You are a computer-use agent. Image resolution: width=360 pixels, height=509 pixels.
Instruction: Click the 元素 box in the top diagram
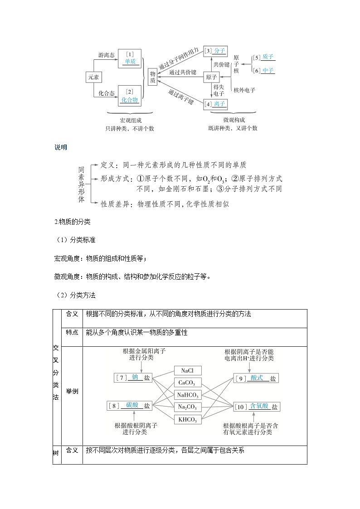[93, 78]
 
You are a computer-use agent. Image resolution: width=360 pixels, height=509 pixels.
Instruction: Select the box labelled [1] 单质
[130, 58]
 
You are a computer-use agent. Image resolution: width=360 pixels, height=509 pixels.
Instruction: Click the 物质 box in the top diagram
[153, 77]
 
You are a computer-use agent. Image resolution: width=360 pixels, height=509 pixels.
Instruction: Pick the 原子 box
[211, 77]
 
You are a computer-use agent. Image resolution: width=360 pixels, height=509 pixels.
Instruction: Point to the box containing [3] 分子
[215, 51]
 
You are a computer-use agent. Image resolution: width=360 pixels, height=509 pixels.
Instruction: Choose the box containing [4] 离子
[215, 104]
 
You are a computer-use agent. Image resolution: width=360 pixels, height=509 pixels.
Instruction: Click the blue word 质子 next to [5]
[268, 58]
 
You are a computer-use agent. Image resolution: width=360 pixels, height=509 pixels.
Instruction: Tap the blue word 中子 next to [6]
[268, 71]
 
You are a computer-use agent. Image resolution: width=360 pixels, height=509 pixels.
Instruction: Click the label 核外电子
[244, 90]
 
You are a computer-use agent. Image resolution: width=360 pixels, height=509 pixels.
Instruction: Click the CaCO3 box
[187, 383]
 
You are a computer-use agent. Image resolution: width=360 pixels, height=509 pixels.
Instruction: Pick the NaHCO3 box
[187, 395]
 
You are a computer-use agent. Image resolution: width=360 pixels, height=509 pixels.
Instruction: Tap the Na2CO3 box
[187, 407]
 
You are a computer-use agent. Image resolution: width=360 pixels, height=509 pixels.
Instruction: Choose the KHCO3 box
[187, 419]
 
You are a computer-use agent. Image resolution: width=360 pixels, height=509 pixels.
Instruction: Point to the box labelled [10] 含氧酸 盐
[257, 407]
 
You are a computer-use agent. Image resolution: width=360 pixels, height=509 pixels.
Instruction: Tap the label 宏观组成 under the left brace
[131, 120]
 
